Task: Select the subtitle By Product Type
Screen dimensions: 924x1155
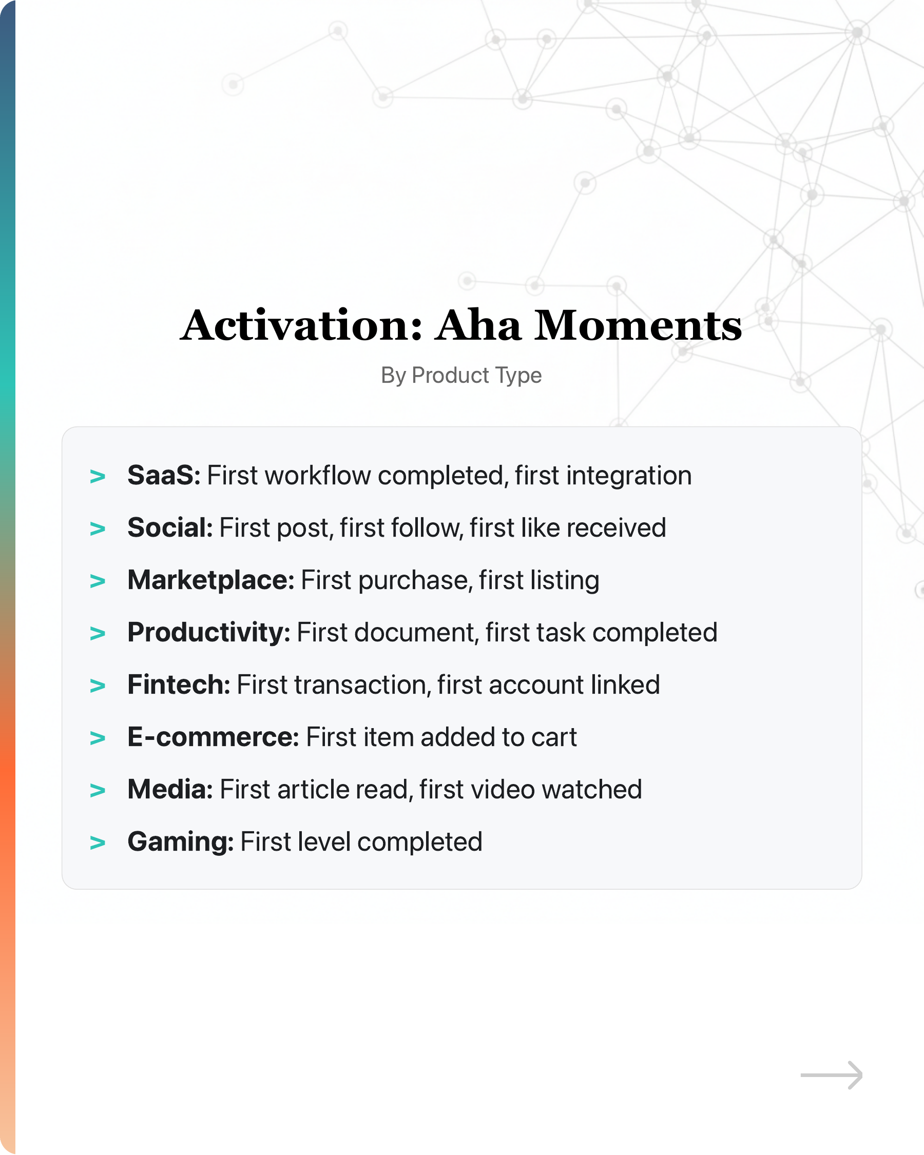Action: (x=461, y=376)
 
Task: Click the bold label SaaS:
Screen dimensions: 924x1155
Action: (x=164, y=475)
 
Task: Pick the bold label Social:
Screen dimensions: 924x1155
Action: (x=170, y=527)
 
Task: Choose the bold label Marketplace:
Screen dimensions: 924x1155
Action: (x=211, y=580)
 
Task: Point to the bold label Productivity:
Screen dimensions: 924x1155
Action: (x=209, y=632)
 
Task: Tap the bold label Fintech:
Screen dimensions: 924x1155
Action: (x=179, y=684)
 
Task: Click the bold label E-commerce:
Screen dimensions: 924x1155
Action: (x=214, y=737)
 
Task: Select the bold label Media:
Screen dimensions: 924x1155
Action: (x=170, y=789)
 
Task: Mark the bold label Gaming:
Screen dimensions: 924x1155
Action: (x=181, y=841)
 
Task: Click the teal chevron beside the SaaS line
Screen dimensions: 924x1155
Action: (x=98, y=476)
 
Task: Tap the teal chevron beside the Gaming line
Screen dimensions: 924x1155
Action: (x=98, y=843)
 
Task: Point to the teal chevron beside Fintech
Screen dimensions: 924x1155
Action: (x=98, y=686)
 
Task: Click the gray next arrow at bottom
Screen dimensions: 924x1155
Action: (x=831, y=1074)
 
